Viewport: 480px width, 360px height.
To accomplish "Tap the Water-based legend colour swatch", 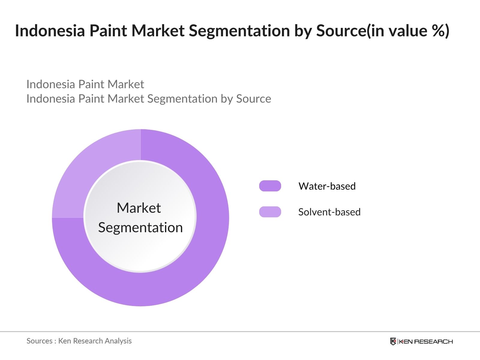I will pos(270,186).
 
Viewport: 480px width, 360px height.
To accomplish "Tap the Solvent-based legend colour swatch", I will pos(270,212).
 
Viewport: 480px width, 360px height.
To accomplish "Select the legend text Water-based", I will pos(327,186).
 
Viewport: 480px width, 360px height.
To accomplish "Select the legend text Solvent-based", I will pos(329,212).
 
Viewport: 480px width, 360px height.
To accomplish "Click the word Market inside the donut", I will pos(139,208).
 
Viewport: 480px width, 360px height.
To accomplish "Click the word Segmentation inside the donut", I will pos(140,227).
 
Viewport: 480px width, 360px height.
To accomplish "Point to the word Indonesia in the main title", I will pos(50,31).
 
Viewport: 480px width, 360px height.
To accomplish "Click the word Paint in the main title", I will pos(108,31).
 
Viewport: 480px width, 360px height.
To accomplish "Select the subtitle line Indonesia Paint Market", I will pos(85,84).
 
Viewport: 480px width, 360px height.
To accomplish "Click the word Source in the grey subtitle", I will pos(253,99).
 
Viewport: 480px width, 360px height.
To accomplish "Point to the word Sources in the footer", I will pos(39,341).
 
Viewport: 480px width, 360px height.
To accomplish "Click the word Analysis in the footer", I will pos(118,341).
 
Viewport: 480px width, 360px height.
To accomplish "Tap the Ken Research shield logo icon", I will pos(393,341).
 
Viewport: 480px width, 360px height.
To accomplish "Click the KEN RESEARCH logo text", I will pos(426,341).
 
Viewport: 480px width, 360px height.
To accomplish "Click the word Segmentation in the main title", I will pos(240,31).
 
